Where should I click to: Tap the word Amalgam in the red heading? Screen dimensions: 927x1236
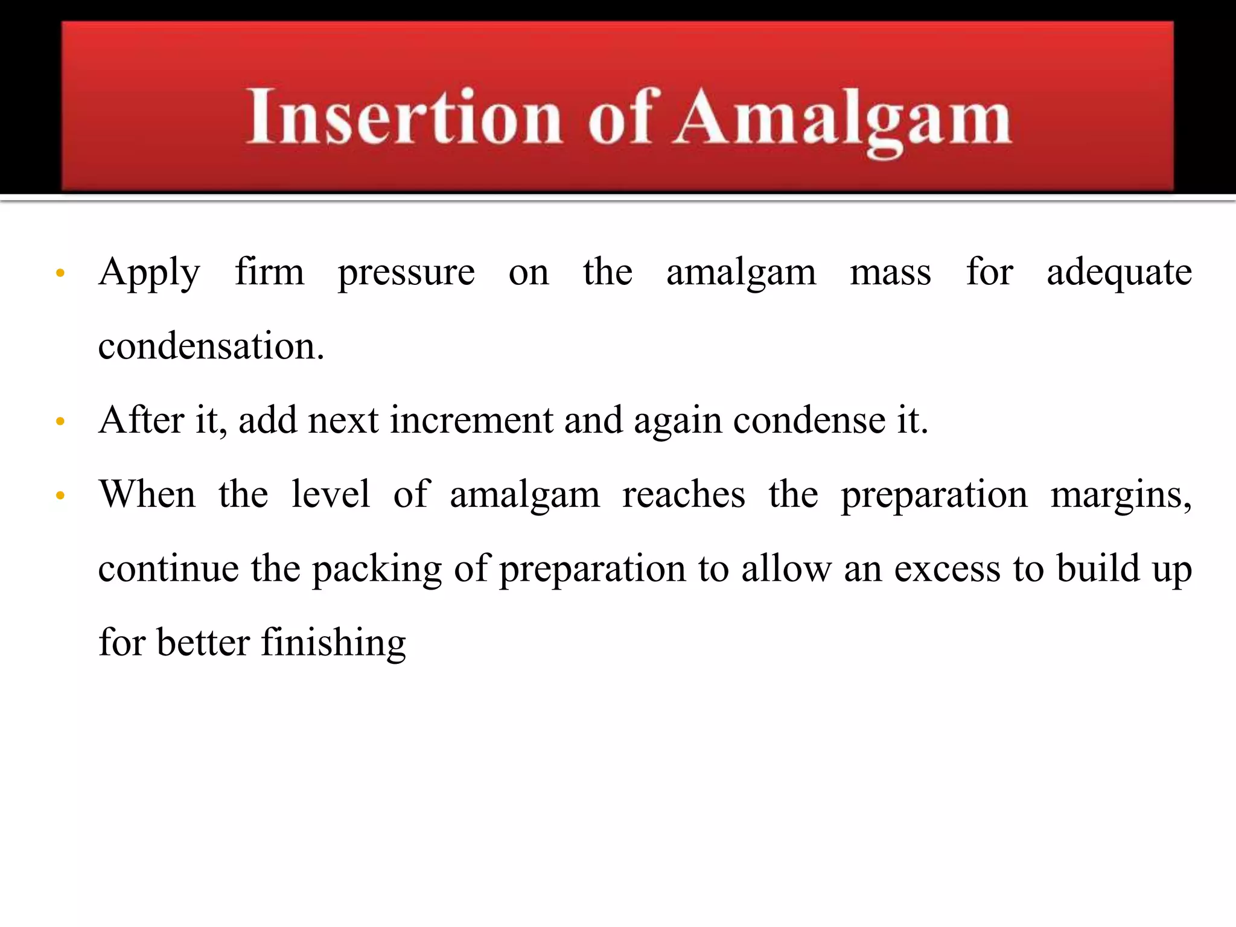click(x=843, y=118)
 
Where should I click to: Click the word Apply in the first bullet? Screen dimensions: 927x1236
click(x=149, y=273)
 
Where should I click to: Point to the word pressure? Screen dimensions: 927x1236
click(x=406, y=273)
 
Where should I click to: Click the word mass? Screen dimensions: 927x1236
click(x=890, y=273)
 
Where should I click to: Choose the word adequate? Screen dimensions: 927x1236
click(x=1119, y=273)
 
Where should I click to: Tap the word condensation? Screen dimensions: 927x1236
click(x=211, y=346)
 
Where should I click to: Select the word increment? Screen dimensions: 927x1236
click(x=471, y=421)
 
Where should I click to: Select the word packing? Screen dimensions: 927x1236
click(x=377, y=570)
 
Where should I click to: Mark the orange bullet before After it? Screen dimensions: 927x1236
click(x=60, y=421)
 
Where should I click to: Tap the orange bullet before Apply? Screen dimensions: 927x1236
click(x=60, y=273)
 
